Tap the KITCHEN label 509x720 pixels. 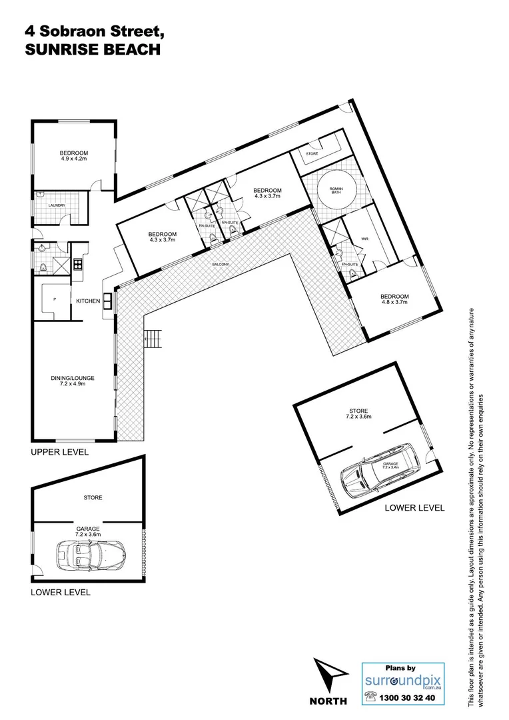[x=88, y=301]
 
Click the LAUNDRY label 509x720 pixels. [x=57, y=205]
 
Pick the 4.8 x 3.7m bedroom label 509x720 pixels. [x=394, y=299]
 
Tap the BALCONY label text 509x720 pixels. [x=221, y=265]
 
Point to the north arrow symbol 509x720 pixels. [x=329, y=676]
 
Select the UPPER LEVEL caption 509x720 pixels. [x=59, y=451]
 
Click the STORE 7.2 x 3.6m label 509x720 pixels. [x=358, y=414]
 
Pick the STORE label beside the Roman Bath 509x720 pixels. [x=312, y=154]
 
